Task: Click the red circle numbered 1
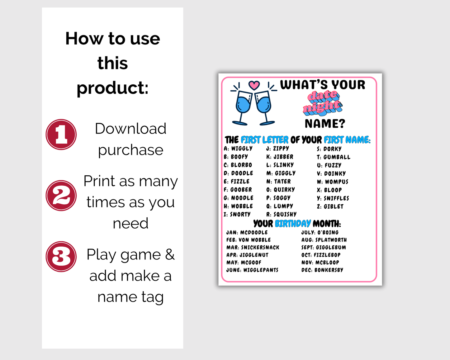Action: coord(61,135)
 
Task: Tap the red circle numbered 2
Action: coord(61,196)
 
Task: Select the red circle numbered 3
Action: coord(61,257)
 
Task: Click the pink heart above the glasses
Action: coord(254,85)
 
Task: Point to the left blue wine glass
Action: coord(243,108)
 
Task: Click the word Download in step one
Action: coord(130,128)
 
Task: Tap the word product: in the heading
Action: coord(112,88)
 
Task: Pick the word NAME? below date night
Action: coord(325,124)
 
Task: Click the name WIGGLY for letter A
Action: coord(242,149)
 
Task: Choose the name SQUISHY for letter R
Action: coord(285,214)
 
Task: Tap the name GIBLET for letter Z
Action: coord(334,206)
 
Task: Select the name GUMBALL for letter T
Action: coord(337,157)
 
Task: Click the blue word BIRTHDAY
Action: coord(293,224)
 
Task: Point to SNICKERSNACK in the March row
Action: coord(260,248)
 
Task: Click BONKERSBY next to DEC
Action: coord(329,270)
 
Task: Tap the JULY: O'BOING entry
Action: coord(320,232)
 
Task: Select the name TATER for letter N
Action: coord(282,181)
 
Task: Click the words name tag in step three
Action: coord(130,297)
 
